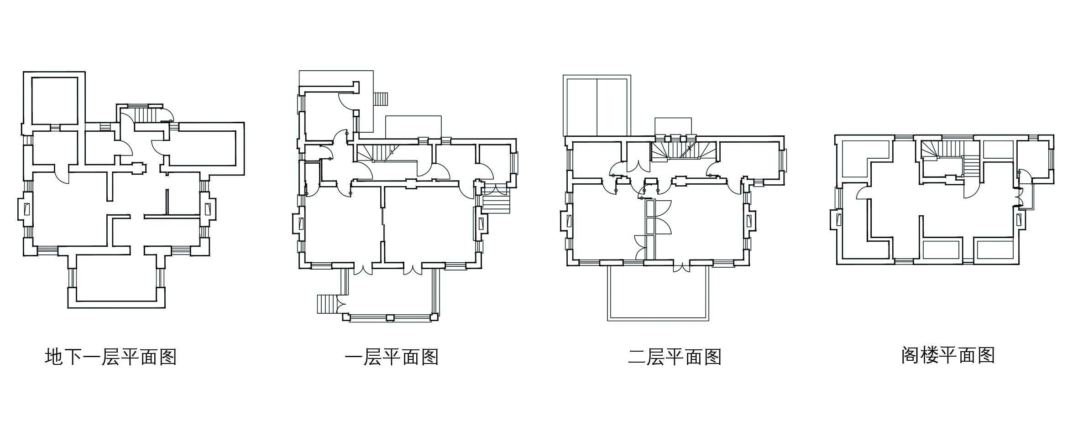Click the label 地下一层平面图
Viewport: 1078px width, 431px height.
[111, 357]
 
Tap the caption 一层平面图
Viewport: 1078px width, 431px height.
[392, 357]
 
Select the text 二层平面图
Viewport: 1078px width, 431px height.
[674, 357]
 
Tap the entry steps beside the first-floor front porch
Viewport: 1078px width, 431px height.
[327, 303]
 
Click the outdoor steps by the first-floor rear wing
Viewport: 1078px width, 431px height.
[381, 99]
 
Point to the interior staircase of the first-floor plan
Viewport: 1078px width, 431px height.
[379, 153]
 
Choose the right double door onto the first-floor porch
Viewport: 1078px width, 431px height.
[412, 269]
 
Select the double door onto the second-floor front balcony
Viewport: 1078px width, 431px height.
[681, 267]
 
